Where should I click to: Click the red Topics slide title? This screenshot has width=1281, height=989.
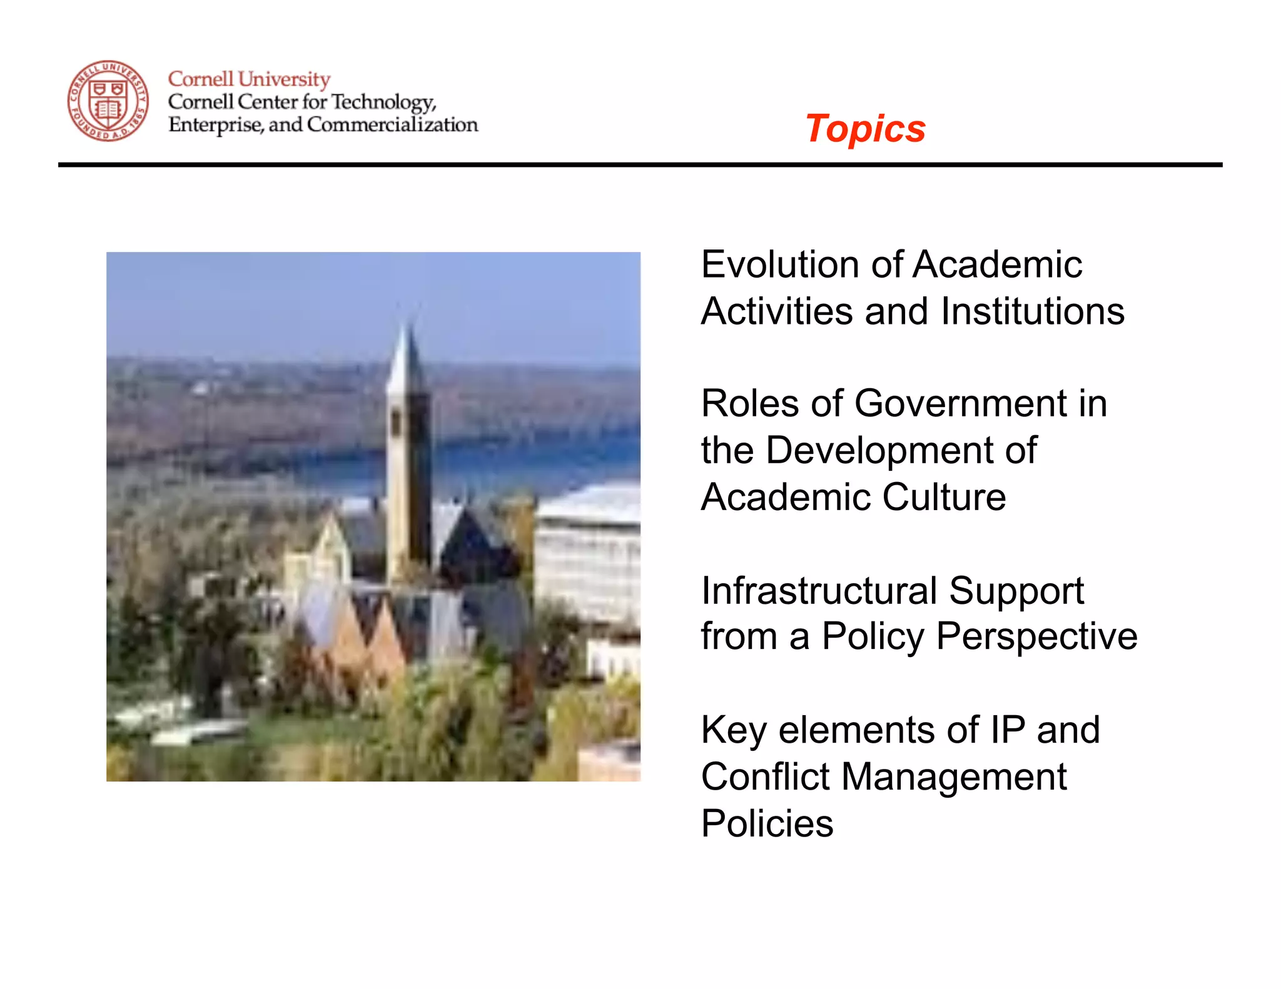[864, 129]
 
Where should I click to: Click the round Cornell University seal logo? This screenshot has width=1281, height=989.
[108, 101]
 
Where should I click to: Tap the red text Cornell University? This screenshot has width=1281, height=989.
[249, 79]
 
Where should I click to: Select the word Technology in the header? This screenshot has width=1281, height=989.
[383, 102]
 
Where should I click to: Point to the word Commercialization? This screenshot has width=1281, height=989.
[392, 125]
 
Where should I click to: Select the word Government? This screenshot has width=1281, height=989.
[960, 403]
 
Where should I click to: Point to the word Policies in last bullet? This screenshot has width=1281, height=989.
[767, 823]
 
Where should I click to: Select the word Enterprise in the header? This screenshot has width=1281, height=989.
[215, 125]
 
